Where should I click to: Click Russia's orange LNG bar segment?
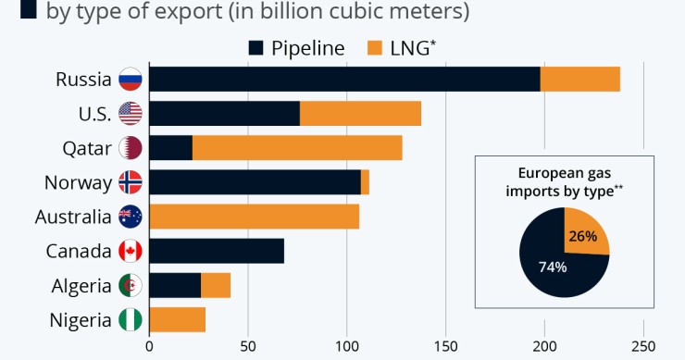[x=580, y=80]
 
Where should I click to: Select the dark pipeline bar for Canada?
[x=217, y=251]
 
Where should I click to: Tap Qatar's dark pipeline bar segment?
[x=170, y=148]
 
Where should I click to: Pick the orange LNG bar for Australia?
[x=254, y=217]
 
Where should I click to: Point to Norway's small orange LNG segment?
[x=366, y=182]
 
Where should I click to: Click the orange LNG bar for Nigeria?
[x=177, y=319]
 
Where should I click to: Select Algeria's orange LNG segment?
[x=216, y=285]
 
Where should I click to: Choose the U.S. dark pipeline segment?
[x=224, y=114]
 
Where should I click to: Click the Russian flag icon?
[x=130, y=80]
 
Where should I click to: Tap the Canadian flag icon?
[x=130, y=251]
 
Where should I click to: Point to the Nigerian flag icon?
[x=130, y=320]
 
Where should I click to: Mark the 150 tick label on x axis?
[x=445, y=348]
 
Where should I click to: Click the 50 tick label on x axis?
[x=247, y=348]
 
